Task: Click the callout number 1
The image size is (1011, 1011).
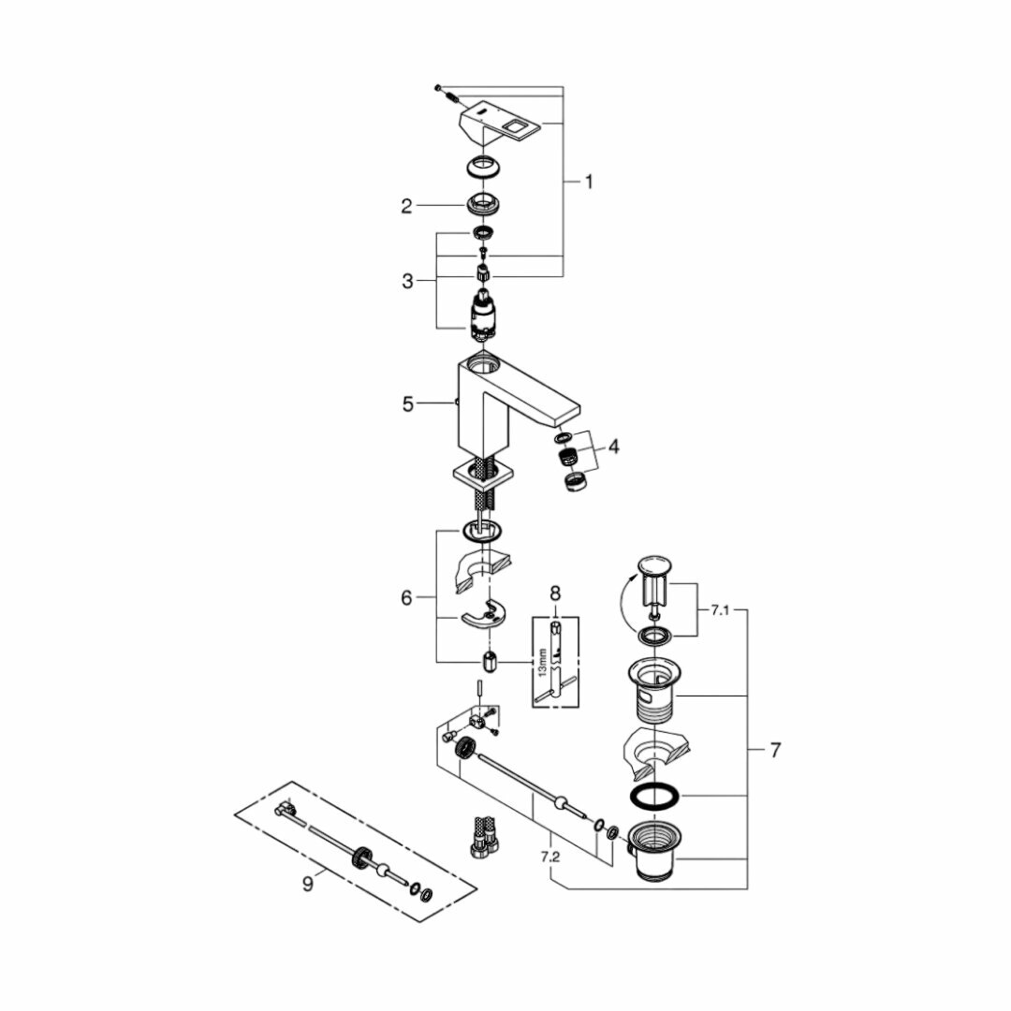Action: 589,183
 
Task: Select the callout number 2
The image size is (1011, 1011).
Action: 406,206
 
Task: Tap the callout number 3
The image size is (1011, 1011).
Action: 406,281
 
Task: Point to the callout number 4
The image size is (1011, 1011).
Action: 613,447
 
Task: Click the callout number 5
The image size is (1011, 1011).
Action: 407,404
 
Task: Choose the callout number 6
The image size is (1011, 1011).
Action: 406,597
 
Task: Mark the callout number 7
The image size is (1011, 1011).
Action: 774,750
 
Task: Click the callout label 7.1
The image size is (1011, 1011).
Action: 719,610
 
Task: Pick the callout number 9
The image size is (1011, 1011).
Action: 308,882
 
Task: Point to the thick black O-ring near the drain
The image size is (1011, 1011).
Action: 653,797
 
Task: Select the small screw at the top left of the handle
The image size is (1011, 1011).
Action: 437,87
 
